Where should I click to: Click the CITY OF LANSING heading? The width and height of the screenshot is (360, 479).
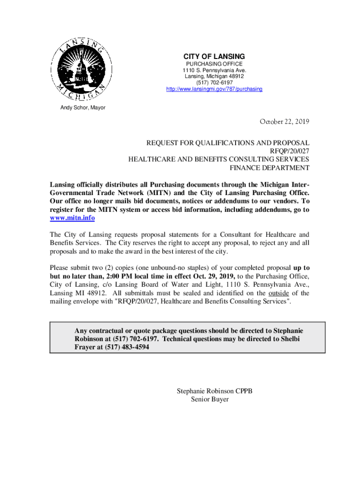pyautogui.click(x=214, y=57)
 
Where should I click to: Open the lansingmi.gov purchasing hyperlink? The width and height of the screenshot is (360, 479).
pyautogui.click(x=214, y=89)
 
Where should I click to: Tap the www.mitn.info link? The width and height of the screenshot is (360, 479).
pyautogui.click(x=72, y=218)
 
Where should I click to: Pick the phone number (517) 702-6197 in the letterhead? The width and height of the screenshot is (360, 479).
pyautogui.click(x=214, y=82)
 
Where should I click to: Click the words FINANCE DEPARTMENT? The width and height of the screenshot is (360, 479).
pyautogui.click(x=269, y=167)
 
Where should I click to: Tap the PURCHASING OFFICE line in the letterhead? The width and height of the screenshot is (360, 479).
pyautogui.click(x=214, y=64)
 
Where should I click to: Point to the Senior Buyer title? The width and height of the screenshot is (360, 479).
pyautogui.click(x=210, y=399)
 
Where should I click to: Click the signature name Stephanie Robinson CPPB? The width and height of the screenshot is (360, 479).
pyautogui.click(x=215, y=391)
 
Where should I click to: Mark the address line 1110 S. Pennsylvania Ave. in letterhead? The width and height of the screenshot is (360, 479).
pyautogui.click(x=214, y=70)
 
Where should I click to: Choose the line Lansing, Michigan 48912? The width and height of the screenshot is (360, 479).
pyautogui.click(x=214, y=76)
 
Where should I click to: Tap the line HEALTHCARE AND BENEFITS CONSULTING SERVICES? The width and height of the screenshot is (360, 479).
pyautogui.click(x=219, y=159)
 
